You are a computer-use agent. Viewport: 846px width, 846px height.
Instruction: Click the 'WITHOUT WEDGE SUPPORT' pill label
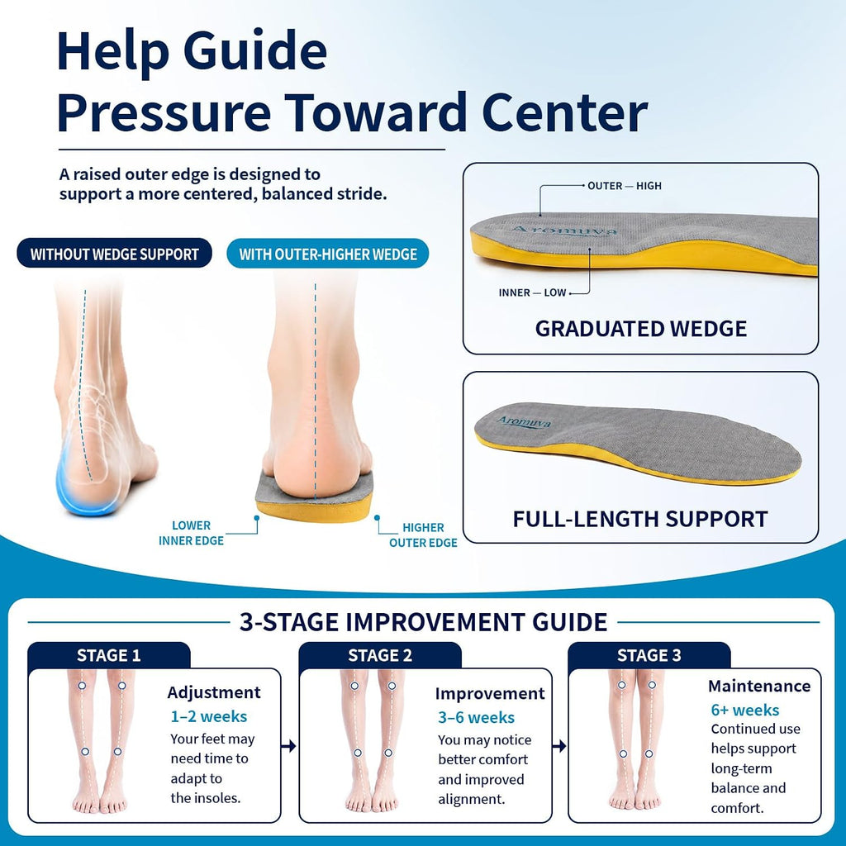click(x=114, y=254)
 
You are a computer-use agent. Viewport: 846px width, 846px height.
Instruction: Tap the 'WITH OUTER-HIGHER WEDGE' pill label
click(x=328, y=254)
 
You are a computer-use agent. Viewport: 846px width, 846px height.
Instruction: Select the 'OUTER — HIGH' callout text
click(x=625, y=186)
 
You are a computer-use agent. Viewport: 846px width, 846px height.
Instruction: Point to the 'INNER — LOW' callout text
click(x=532, y=292)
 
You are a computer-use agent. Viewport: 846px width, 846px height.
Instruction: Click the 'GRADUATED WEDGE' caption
click(x=641, y=329)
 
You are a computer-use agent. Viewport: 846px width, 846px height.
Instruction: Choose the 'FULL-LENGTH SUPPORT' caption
click(x=640, y=519)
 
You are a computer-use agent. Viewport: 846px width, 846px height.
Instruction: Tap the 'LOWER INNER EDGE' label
click(x=191, y=533)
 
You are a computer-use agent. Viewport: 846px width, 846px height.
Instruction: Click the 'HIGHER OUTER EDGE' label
click(x=423, y=535)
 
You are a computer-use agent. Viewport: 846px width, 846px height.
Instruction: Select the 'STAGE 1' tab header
click(x=108, y=655)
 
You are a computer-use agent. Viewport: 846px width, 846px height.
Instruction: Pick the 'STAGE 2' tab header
click(x=380, y=655)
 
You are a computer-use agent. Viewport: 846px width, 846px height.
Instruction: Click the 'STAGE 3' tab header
click(x=649, y=655)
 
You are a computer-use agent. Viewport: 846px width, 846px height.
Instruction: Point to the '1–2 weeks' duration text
click(x=209, y=716)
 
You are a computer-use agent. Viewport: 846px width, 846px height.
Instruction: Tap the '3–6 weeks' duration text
click(x=477, y=718)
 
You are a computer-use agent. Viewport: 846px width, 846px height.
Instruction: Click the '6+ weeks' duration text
click(x=745, y=710)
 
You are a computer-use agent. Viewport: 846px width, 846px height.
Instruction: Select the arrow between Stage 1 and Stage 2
click(x=288, y=746)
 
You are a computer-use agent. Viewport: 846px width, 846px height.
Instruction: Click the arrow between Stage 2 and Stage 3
click(x=559, y=746)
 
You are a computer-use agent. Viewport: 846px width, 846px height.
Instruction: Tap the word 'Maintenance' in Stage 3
click(x=759, y=686)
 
